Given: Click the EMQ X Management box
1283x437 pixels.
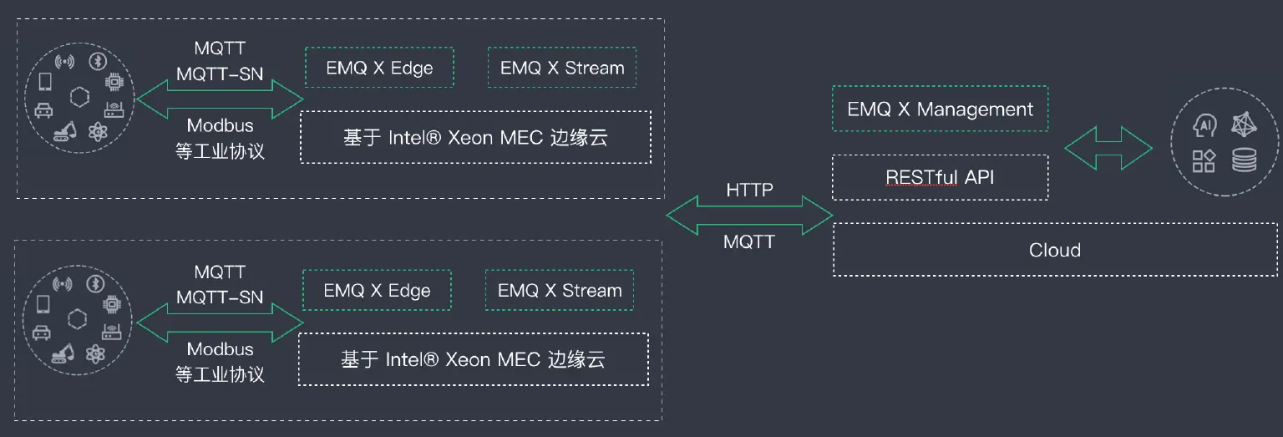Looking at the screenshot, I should pyautogui.click(x=940, y=109).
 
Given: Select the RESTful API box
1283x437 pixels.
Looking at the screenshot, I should pyautogui.click(x=940, y=177).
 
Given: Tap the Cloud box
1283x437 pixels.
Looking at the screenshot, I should pyautogui.click(x=1054, y=250).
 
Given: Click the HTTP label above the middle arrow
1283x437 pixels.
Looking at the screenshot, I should pyautogui.click(x=749, y=191).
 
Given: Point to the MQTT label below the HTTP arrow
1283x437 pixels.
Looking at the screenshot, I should pyautogui.click(x=749, y=242).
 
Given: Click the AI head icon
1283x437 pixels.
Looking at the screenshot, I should pyautogui.click(x=1204, y=125).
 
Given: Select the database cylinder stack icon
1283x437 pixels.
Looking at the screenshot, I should pyautogui.click(x=1244, y=159).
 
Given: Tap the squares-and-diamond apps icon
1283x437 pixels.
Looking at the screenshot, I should pyautogui.click(x=1204, y=160).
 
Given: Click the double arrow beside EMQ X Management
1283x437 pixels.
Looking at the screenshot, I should pyautogui.click(x=1108, y=149).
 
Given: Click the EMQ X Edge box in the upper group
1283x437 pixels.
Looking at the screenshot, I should pyautogui.click(x=379, y=68).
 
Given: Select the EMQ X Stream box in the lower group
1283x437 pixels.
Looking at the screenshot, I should pyautogui.click(x=560, y=291).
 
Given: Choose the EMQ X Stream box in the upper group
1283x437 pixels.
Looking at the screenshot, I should pyautogui.click(x=562, y=68).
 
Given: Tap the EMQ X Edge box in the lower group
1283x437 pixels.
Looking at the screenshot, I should pyautogui.click(x=377, y=291).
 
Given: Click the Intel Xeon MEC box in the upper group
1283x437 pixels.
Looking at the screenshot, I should pyautogui.click(x=475, y=137).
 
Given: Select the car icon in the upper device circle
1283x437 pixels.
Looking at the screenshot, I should pyautogui.click(x=43, y=109).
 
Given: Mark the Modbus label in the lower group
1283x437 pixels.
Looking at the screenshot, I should pyautogui.click(x=220, y=349).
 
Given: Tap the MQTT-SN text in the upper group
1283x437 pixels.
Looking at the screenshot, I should pyautogui.click(x=220, y=74).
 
